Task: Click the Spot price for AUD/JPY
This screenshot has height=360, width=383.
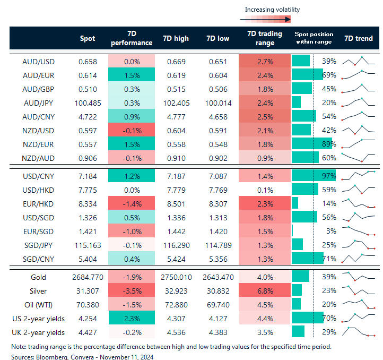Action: (x=88, y=102)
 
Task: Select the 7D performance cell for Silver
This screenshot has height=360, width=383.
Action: (x=131, y=291)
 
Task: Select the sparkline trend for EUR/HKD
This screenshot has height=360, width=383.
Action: (x=358, y=203)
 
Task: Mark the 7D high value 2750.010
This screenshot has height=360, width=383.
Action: (x=176, y=277)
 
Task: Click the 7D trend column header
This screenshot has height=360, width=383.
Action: (x=358, y=39)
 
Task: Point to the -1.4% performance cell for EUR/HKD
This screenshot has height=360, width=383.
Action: (x=131, y=203)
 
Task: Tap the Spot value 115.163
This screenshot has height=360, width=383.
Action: (x=88, y=244)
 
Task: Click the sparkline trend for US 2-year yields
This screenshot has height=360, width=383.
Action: (x=358, y=319)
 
